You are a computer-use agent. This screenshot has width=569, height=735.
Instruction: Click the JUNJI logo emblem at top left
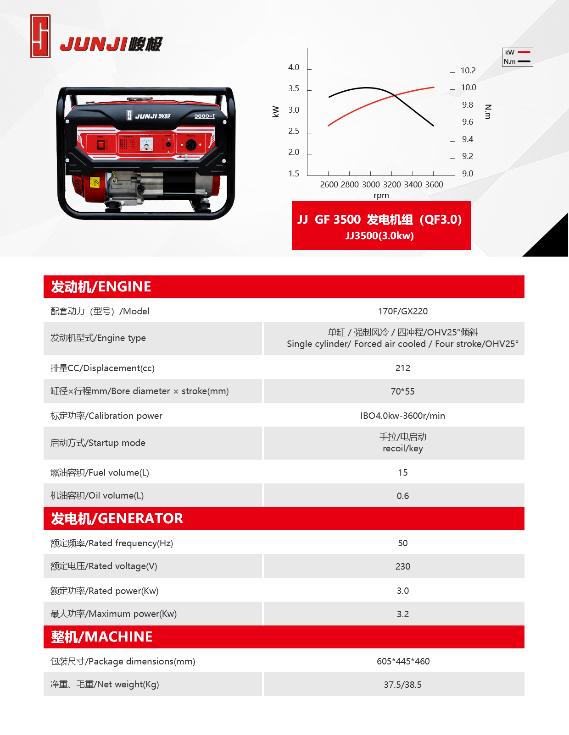tap(40, 36)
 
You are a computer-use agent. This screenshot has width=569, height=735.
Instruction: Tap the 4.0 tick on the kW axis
tap(294, 67)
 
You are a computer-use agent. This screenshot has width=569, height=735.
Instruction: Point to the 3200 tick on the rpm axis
tap(392, 184)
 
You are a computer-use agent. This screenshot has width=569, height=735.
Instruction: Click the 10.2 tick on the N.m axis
tap(468, 71)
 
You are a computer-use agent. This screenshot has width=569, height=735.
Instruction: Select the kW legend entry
tap(517, 53)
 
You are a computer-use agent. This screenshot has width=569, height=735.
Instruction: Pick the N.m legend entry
tap(517, 61)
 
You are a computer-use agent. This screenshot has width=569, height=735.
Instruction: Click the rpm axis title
tap(381, 195)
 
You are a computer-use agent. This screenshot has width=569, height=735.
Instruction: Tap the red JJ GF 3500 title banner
tap(381, 225)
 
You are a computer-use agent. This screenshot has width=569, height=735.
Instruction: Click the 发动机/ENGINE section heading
tap(101, 287)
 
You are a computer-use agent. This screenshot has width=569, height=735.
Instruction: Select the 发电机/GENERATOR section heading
tap(117, 519)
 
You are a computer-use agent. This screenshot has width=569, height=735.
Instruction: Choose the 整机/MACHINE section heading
tap(102, 637)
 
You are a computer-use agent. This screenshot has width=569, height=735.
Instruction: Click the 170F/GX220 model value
tap(402, 312)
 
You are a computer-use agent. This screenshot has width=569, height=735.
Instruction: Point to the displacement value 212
tap(402, 368)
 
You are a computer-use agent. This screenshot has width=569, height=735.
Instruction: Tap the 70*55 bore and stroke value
tap(402, 392)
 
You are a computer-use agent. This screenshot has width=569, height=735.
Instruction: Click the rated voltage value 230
tap(402, 567)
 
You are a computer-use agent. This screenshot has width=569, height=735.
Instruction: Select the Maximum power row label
tap(113, 614)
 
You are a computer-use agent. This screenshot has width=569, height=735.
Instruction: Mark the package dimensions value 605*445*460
tap(402, 662)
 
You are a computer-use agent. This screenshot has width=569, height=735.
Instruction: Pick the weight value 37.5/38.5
tap(402, 685)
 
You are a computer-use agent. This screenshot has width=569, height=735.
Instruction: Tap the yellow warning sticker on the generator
tap(95, 182)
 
